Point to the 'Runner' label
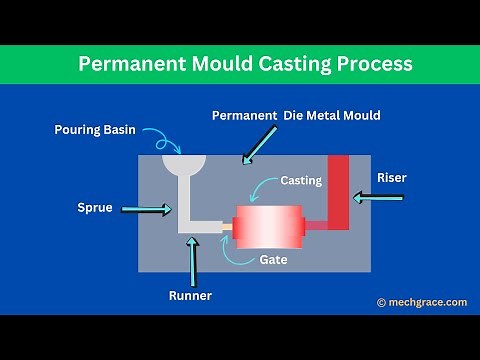pyautogui.click(x=190, y=296)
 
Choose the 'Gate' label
pyautogui.click(x=273, y=260)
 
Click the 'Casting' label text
pyautogui.click(x=300, y=181)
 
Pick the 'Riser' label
pyautogui.click(x=392, y=177)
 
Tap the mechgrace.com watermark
pyautogui.click(x=422, y=302)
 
